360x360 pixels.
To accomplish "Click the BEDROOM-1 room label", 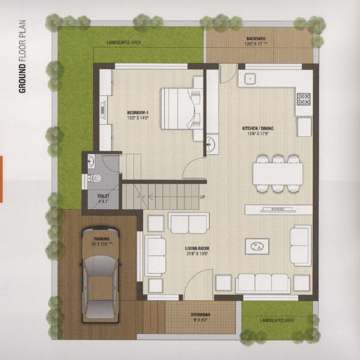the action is tap(138, 113).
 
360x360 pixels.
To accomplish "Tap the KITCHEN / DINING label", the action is tap(258, 128).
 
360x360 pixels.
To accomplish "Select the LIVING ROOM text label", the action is tap(197, 248).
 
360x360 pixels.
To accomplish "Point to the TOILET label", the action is tap(103, 196).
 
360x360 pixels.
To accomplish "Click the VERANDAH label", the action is tap(200, 315).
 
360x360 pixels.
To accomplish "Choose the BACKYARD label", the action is tap(256, 39).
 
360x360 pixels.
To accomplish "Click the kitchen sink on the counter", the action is tap(250, 79).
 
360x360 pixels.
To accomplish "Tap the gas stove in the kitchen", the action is tap(304, 99).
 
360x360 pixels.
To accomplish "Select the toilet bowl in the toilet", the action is tap(95, 178).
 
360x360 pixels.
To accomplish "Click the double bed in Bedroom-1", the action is tap(179, 108).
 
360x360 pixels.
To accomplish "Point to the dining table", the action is tap(278, 174).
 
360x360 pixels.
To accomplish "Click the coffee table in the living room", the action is tap(257, 246).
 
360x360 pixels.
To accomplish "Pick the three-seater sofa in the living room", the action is tap(263, 283).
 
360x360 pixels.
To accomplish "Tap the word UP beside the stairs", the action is tap(202, 197).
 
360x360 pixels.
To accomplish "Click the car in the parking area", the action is tap(100, 275).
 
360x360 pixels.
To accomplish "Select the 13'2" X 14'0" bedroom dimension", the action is tap(138, 118).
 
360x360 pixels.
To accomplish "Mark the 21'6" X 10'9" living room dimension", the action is tap(197, 254).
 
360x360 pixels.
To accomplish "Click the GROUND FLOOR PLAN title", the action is tap(22, 57).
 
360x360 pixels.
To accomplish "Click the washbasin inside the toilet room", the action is tap(91, 161).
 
